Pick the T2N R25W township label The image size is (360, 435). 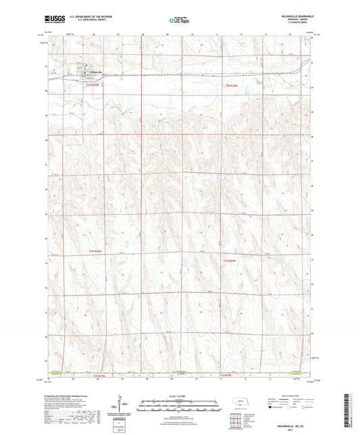91,85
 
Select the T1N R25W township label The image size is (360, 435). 99,251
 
